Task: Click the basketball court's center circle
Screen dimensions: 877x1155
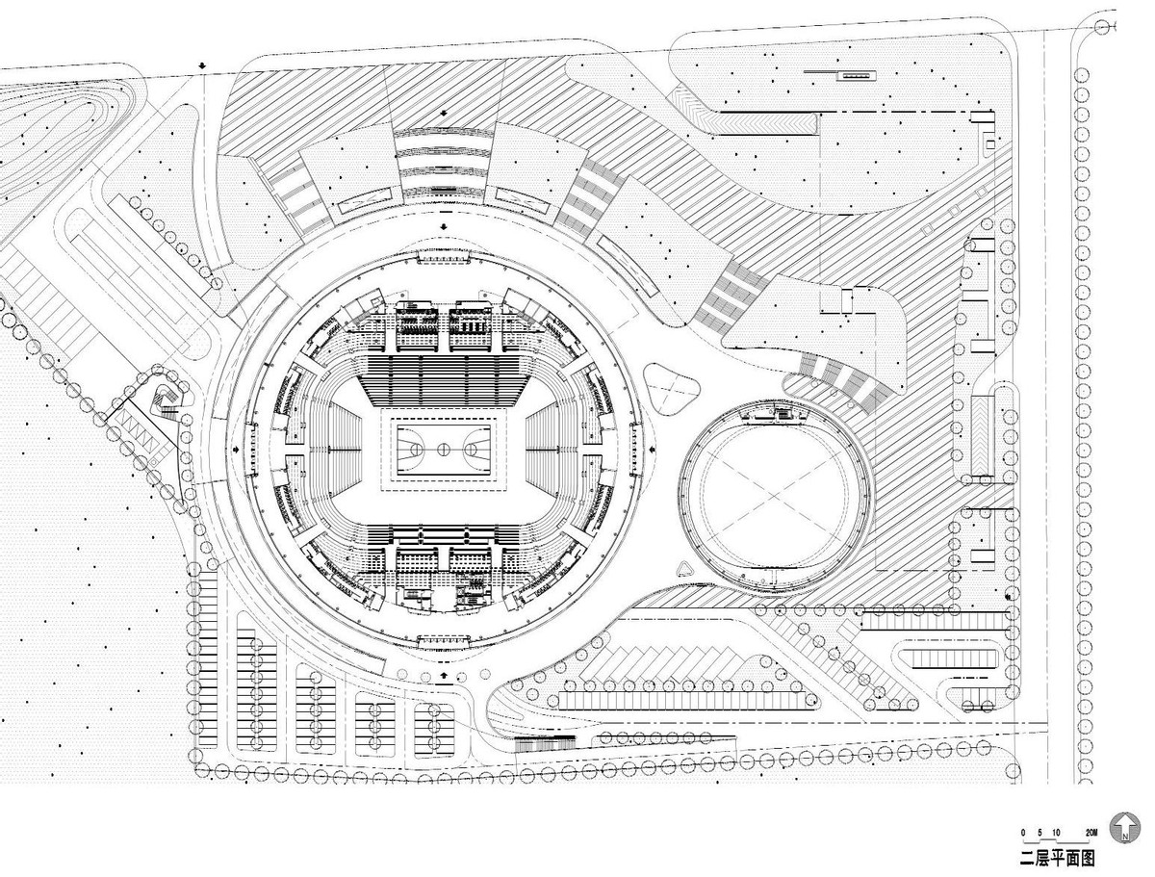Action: [x=444, y=448]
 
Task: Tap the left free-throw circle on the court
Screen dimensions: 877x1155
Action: [x=413, y=448]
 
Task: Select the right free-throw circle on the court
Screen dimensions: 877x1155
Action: [x=475, y=448]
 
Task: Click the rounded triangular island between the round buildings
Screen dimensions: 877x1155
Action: [x=673, y=386]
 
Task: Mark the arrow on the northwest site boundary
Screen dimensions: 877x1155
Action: [x=202, y=65]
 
